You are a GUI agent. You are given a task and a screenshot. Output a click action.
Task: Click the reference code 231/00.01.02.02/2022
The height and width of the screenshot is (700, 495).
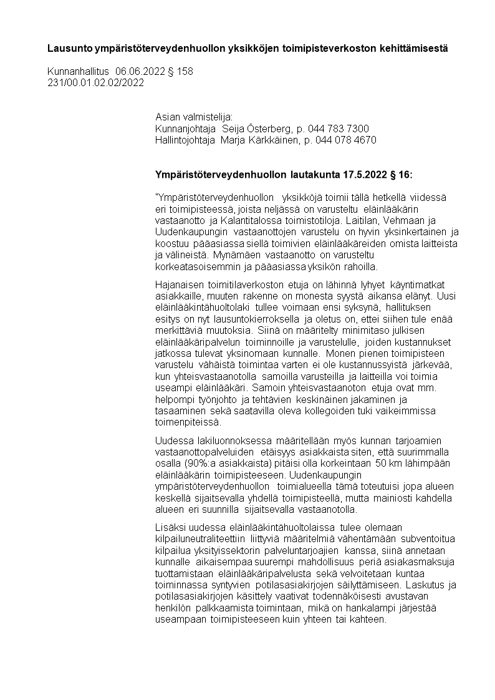[95, 82]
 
